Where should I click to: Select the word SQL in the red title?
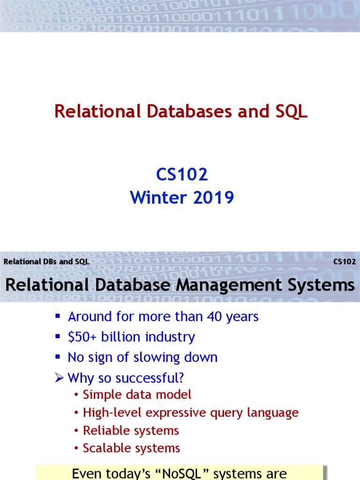click(x=289, y=112)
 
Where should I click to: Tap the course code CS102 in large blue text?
click(x=182, y=175)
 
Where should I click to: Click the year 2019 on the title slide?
click(x=211, y=197)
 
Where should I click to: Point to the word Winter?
click(x=156, y=197)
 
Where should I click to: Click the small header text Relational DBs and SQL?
click(x=46, y=262)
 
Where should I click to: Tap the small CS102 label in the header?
click(x=345, y=262)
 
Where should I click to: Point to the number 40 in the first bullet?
click(x=214, y=316)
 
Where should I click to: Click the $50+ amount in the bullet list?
click(x=82, y=337)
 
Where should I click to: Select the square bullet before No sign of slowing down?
click(x=58, y=357)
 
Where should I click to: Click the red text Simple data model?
click(x=137, y=395)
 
